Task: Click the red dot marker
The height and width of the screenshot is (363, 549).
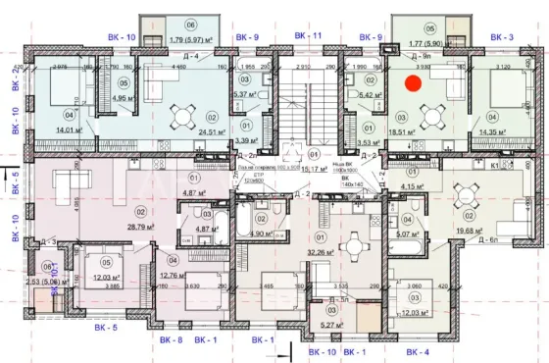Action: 414,85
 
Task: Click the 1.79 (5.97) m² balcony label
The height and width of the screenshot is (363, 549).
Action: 177,40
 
